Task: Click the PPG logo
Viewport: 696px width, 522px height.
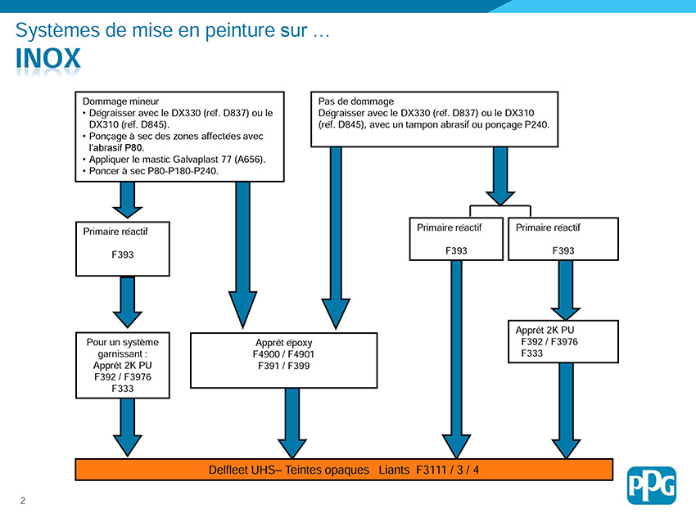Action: [x=651, y=485]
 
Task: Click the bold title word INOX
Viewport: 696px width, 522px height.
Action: [x=48, y=58]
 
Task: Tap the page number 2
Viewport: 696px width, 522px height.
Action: [x=23, y=501]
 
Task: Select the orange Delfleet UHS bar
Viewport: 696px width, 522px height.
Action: [x=344, y=470]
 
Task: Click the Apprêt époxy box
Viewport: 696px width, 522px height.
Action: [x=283, y=360]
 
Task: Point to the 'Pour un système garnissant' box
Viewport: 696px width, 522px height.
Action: [x=123, y=365]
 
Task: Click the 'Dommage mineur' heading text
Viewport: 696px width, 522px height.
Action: [x=120, y=101]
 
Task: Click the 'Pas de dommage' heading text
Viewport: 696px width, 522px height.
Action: [x=356, y=101]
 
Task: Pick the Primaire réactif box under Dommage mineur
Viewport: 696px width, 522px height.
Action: [x=123, y=249]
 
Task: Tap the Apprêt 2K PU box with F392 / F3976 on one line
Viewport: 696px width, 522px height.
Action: [x=563, y=341]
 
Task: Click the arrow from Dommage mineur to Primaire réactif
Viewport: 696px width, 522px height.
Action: [x=128, y=200]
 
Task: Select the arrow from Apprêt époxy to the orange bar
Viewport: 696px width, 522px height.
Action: [x=292, y=424]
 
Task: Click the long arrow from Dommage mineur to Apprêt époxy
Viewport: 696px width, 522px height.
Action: [x=243, y=255]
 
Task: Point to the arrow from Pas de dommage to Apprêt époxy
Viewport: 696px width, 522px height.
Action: [x=336, y=238]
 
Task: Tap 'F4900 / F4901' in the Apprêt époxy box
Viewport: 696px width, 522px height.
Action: [x=283, y=354]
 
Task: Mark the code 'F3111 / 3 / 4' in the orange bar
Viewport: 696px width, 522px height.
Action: [x=447, y=470]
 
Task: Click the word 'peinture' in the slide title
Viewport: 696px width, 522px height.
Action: [x=242, y=30]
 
